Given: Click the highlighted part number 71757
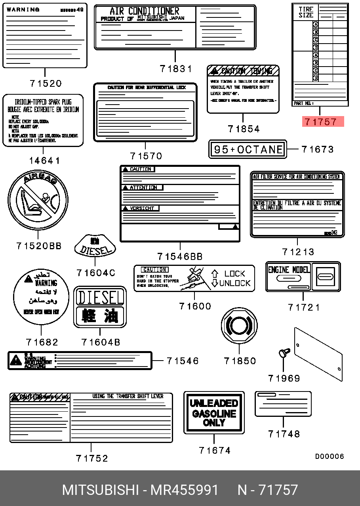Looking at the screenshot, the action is point(323,122).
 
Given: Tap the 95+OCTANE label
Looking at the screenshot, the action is point(248,149).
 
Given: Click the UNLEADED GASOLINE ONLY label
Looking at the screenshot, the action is point(214,413).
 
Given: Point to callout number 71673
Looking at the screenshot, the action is point(318,149).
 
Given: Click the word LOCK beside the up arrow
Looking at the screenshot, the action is point(235,273).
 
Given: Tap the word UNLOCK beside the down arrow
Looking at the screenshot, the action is point(235,283).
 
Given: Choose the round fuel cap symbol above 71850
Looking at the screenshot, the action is point(239,326).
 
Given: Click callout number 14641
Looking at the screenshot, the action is point(45,160).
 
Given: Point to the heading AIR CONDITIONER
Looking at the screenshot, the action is point(144,11).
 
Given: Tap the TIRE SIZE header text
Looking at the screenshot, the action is point(306,12).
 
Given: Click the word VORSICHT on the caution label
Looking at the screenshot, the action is point(142,208).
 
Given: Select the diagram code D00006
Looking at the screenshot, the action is point(330,456).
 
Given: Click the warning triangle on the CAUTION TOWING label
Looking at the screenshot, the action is point(214,71).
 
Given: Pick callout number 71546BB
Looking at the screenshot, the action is point(180,257).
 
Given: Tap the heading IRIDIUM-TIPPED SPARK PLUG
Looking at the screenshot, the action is point(43,102).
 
